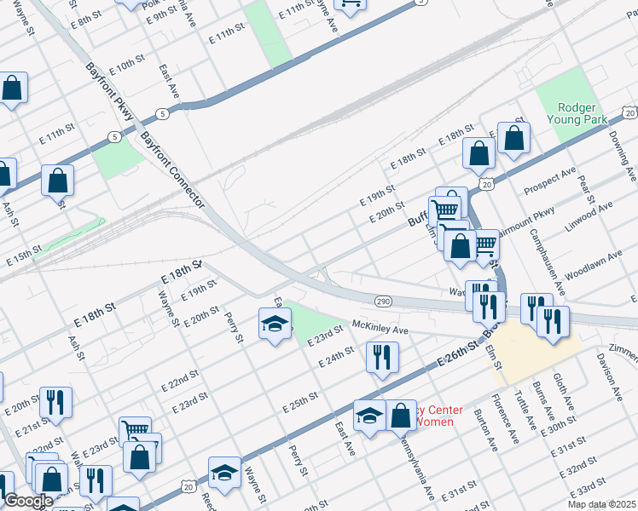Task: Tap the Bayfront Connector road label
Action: click(x=172, y=169)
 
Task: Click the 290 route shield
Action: click(x=381, y=301)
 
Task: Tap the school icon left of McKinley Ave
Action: click(x=275, y=324)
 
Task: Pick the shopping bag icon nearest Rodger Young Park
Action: click(x=513, y=138)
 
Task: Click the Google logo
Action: click(x=28, y=501)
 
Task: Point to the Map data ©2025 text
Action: click(x=601, y=504)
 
